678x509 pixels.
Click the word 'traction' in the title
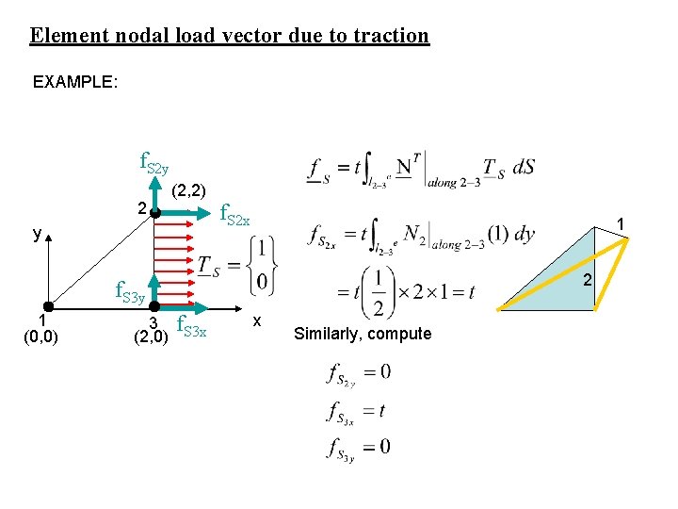[x=389, y=36]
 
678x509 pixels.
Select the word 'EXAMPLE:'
[x=75, y=82]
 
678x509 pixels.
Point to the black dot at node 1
[x=46, y=308]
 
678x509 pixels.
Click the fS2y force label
[x=153, y=162]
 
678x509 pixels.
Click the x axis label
[x=256, y=321]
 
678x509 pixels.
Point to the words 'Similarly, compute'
[x=363, y=334]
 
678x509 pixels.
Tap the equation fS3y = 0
[x=358, y=446]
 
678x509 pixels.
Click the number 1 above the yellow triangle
[x=621, y=222]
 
